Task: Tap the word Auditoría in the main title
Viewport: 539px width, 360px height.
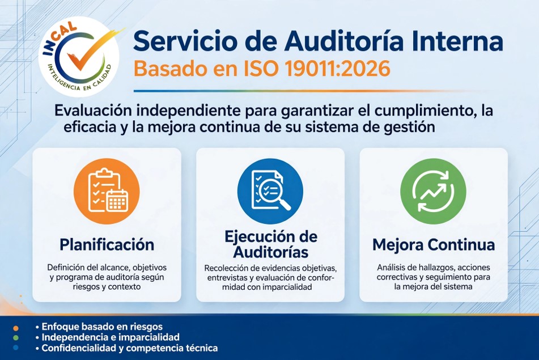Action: pos(344,41)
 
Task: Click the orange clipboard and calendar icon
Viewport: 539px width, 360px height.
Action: pos(107,191)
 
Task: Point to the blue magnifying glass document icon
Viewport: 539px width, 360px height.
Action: pos(270,191)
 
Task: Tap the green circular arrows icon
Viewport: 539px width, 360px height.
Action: pos(433,191)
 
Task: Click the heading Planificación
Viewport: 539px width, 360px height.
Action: pos(107,245)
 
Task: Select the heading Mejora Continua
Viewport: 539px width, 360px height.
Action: pos(434,245)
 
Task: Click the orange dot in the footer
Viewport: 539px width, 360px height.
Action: pos(15,328)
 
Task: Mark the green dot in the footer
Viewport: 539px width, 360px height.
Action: pos(15,338)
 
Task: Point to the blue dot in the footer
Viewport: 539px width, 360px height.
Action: pos(15,348)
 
